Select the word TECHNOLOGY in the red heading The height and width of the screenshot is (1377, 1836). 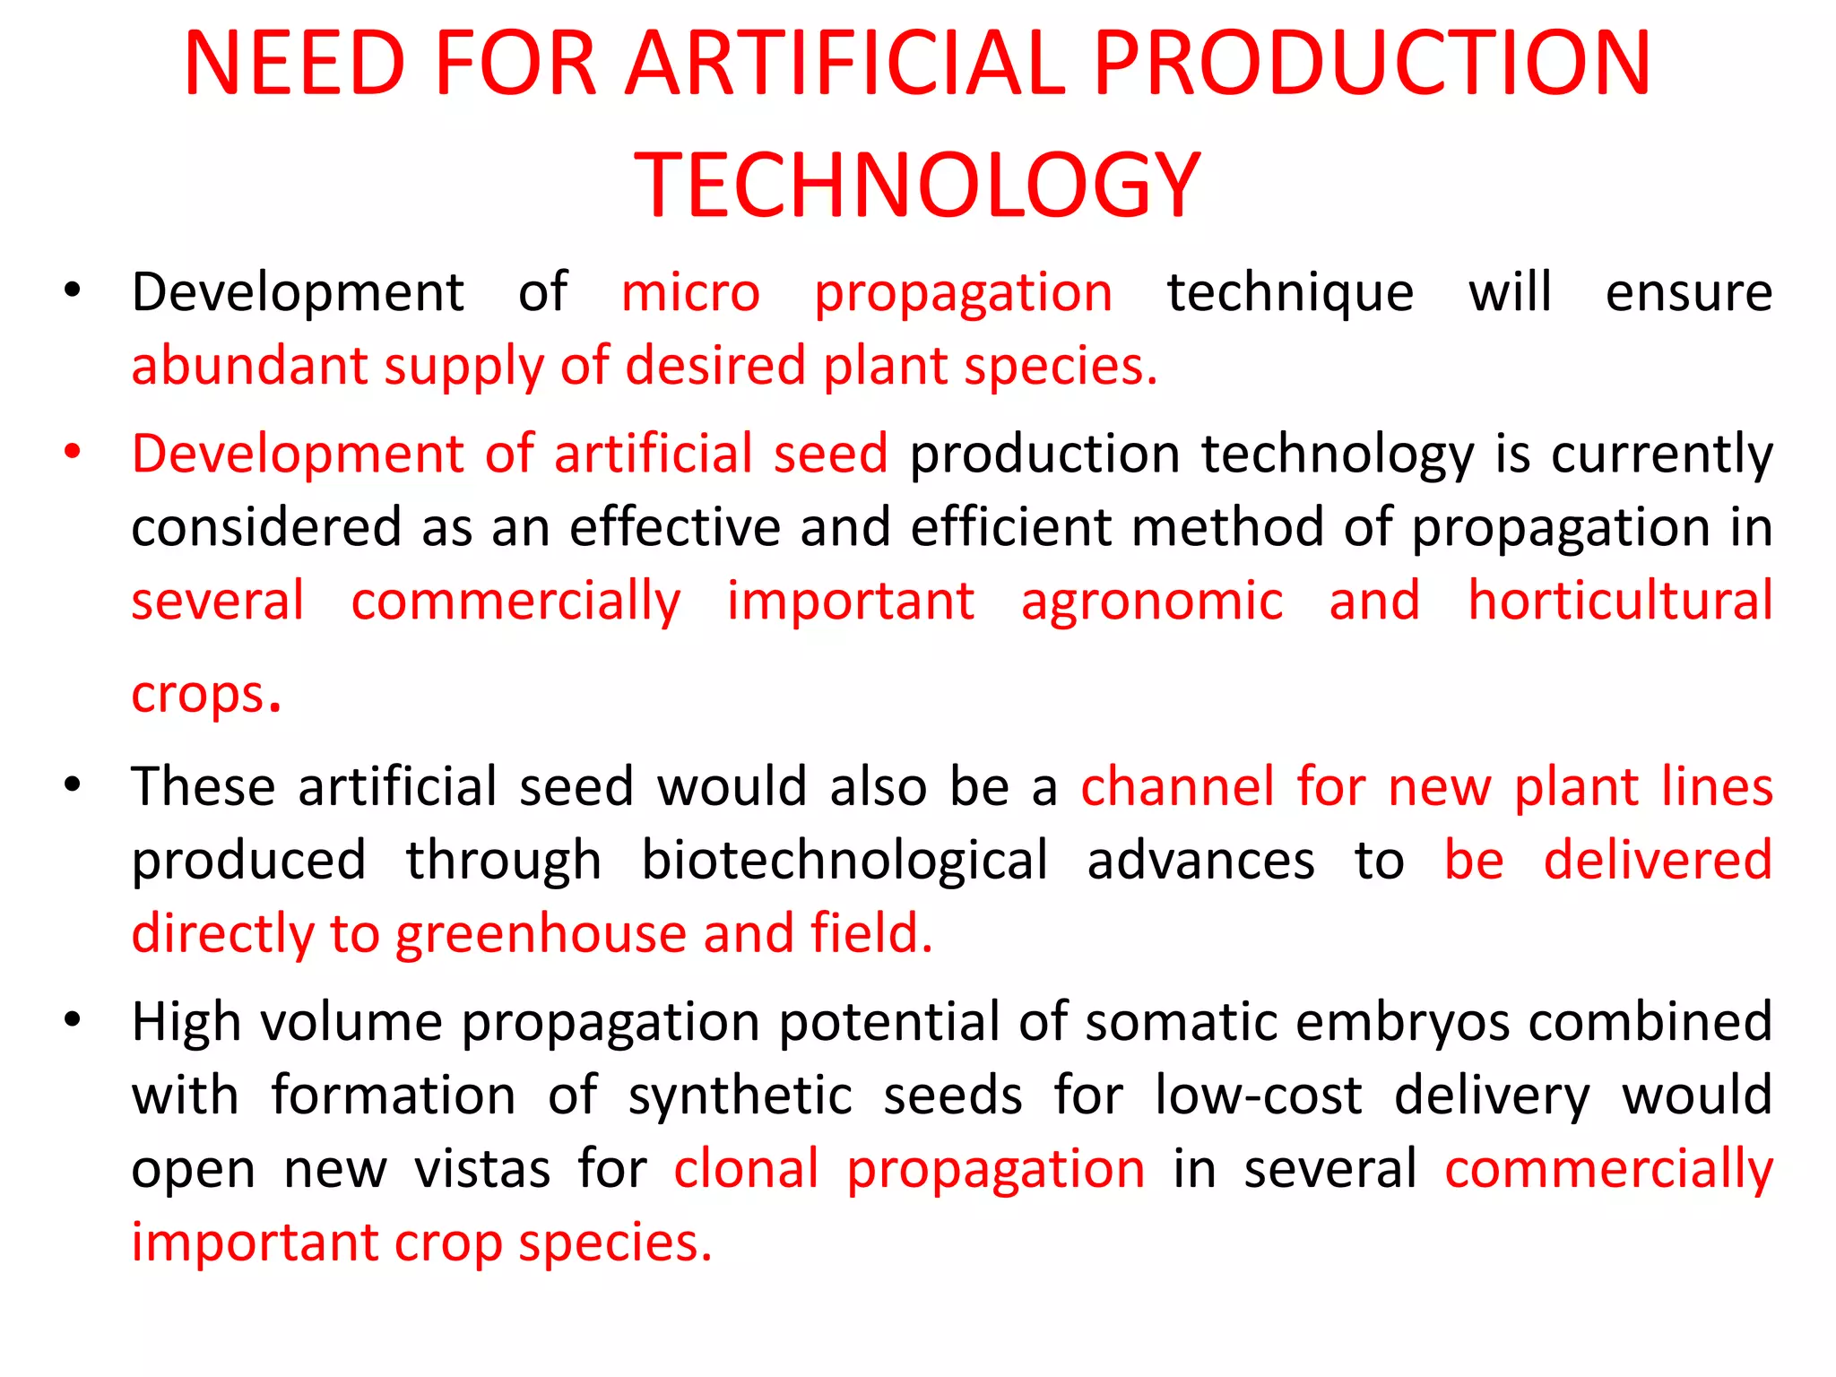click(x=917, y=186)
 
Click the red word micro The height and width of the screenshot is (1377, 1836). click(x=690, y=293)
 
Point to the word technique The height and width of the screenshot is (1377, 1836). click(x=1290, y=293)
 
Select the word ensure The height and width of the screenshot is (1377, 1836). click(x=1688, y=293)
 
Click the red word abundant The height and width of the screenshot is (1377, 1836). click(x=250, y=367)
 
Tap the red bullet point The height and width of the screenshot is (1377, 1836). click(x=73, y=451)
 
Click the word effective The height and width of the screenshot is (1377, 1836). click(x=675, y=527)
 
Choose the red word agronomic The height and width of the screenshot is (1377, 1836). click(x=1152, y=601)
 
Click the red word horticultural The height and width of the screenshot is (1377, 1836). click(x=1620, y=601)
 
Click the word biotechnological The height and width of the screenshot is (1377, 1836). click(x=844, y=861)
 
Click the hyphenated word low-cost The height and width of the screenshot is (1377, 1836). click(x=1258, y=1096)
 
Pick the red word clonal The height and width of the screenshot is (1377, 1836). click(x=746, y=1169)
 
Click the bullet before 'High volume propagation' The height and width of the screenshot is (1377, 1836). click(x=73, y=1020)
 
